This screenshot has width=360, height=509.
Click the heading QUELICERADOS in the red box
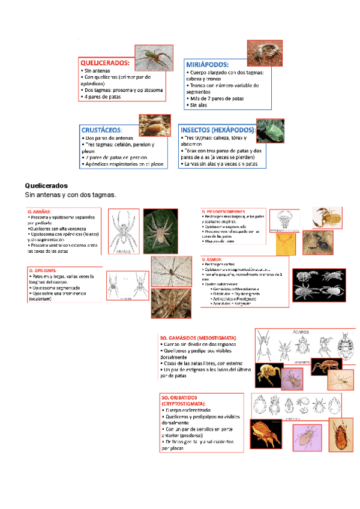(105, 62)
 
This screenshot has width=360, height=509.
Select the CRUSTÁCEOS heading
(103, 130)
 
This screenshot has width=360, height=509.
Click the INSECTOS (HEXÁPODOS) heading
(218, 130)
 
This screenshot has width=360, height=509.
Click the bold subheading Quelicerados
(46, 185)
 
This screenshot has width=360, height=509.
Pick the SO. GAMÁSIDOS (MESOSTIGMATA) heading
(199, 339)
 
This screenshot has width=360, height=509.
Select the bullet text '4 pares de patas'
(103, 97)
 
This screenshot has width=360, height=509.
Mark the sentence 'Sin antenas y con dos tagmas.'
(70, 195)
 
